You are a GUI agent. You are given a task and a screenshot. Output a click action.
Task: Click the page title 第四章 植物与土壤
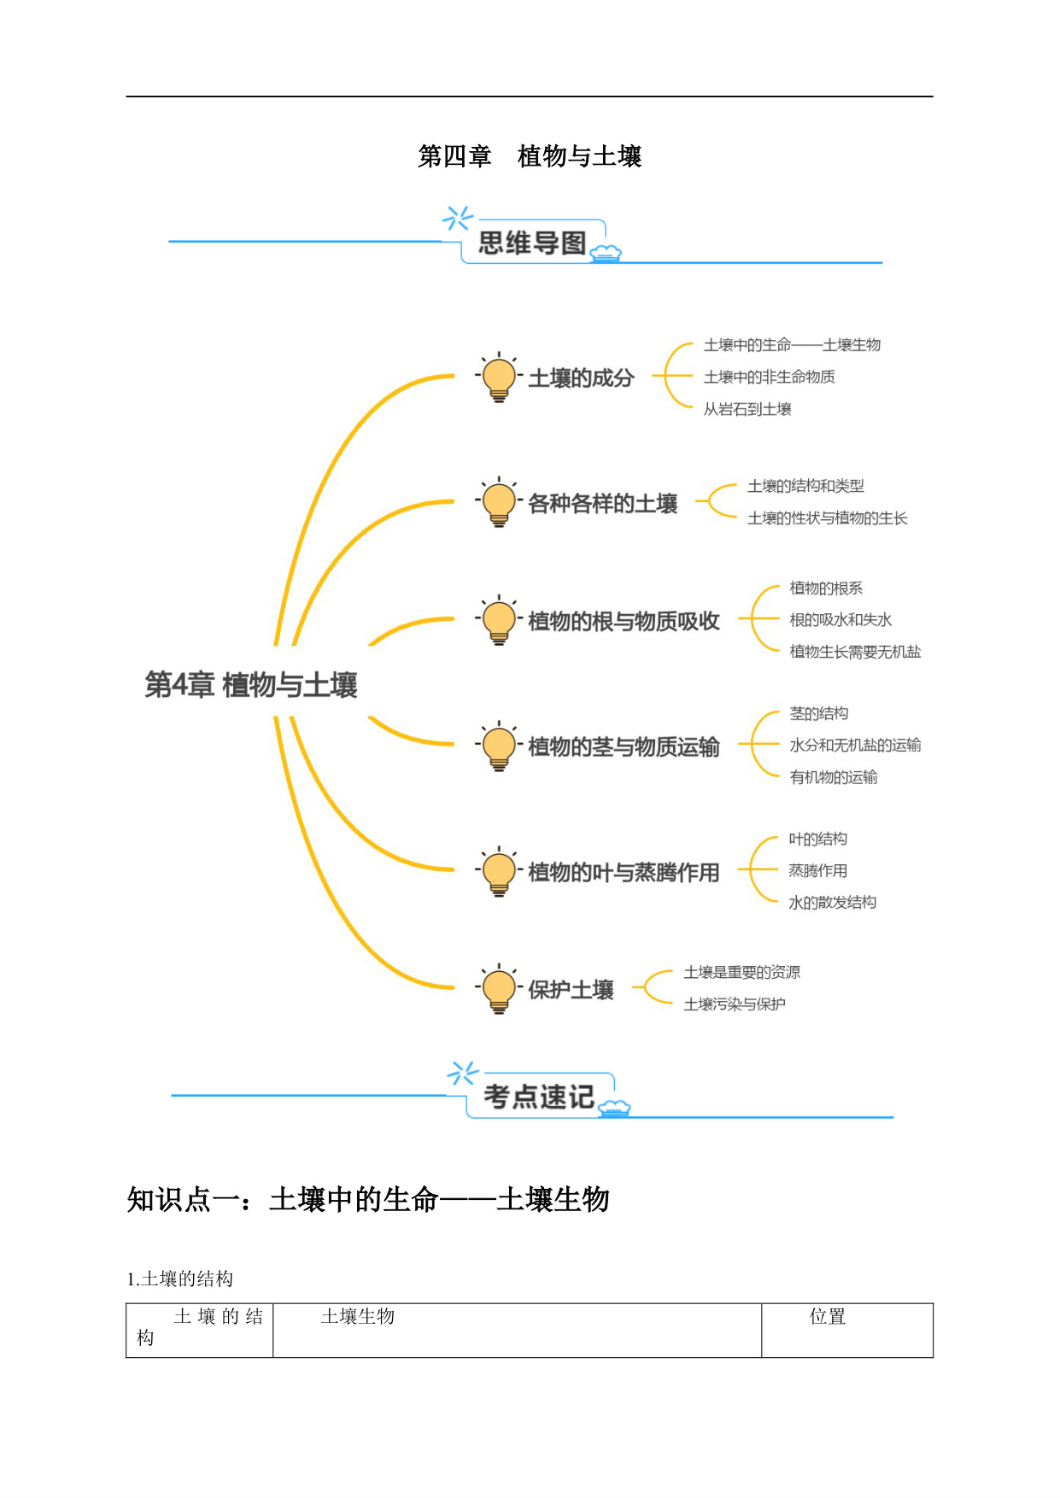coord(530,156)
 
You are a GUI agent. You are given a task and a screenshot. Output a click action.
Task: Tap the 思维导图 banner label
coord(532,243)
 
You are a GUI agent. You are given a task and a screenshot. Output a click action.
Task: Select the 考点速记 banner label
coord(539,1097)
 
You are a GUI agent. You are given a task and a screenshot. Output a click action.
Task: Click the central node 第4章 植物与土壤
coord(251,685)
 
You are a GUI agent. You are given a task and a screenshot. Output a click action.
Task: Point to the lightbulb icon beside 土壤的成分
coord(499,377)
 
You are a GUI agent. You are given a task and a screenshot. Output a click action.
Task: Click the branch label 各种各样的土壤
coord(603,504)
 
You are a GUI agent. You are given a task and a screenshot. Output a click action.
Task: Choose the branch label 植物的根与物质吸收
coord(624,622)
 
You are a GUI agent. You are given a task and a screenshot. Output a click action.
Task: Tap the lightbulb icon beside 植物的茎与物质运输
coord(499,746)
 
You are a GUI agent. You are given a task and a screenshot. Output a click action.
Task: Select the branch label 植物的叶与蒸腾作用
coord(624,873)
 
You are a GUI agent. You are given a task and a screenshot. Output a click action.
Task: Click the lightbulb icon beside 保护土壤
coord(499,989)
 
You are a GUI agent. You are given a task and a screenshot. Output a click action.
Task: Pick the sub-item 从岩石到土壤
coord(747,409)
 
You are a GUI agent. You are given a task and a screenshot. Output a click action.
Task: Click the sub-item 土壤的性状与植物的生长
coord(828,518)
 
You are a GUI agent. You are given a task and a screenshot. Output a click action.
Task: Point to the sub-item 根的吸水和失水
coord(840,620)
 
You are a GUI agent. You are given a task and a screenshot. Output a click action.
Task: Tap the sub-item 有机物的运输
coord(834,777)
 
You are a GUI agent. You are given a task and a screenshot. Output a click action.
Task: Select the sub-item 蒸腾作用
coord(818,871)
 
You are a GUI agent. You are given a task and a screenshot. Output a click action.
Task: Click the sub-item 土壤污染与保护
coord(735,1004)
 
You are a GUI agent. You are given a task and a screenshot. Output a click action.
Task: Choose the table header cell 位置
coord(828,1317)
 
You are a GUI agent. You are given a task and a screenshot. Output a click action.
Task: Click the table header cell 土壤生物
coord(358,1317)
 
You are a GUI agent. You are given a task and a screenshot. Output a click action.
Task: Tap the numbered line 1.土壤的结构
coord(180,1279)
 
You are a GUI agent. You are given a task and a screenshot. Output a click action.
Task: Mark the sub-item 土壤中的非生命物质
coord(770,377)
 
